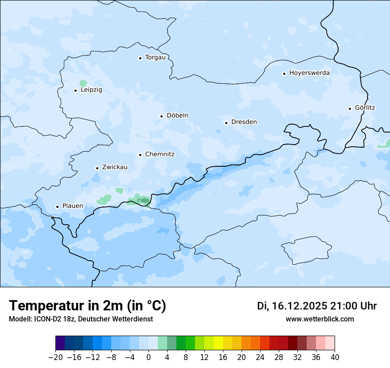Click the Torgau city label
[155, 58]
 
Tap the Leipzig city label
[91, 90]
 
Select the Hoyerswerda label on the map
[309, 73]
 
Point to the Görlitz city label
[365, 108]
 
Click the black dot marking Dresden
[226, 123]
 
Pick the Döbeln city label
[177, 116]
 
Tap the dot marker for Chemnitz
[140, 155]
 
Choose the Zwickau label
[115, 168]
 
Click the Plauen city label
[72, 206]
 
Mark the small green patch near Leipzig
[83, 83]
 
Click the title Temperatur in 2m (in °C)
[87, 306]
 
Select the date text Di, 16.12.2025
[292, 306]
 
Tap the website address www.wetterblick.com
[320, 319]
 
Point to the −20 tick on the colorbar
[56, 357]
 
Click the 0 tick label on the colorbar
[148, 357]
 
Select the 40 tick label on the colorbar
[335, 357]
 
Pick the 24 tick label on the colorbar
[260, 357]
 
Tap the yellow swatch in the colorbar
[218, 343]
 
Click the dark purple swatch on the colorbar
[60, 343]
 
